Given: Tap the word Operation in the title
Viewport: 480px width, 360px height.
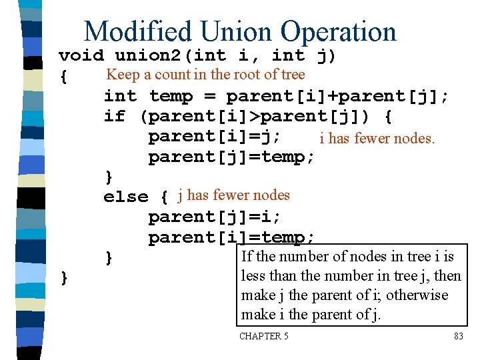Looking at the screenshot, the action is (338, 31).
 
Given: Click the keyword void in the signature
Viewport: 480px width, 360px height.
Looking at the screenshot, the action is (81, 55).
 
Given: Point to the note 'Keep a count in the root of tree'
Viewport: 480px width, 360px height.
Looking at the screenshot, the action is (205, 75).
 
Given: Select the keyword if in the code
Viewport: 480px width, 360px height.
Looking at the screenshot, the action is (115, 117).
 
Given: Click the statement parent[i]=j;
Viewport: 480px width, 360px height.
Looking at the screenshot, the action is (214, 137).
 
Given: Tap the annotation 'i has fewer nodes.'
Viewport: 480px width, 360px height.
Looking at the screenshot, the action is (377, 139).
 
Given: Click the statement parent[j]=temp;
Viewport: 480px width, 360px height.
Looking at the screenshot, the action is (231, 157).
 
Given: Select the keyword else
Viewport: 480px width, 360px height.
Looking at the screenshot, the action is (126, 197).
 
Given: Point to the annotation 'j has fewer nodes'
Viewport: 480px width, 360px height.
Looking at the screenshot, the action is (233, 195).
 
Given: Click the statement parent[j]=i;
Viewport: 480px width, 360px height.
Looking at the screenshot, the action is (214, 217).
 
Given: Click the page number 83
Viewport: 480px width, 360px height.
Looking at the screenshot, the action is (458, 337).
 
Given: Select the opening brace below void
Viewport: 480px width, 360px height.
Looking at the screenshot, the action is (63, 77).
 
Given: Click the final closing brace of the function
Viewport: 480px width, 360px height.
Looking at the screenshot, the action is (63, 277).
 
